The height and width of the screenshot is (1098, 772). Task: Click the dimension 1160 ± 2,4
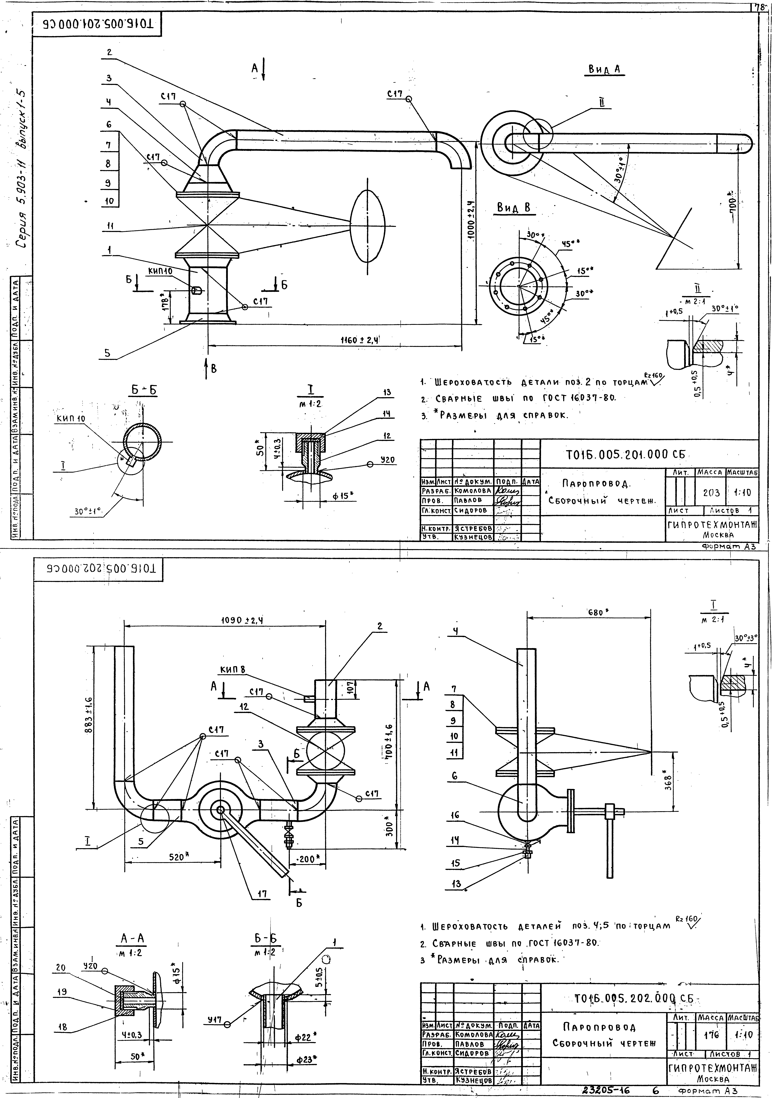tap(359, 340)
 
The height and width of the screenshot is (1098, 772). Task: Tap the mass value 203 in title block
tap(711, 492)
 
